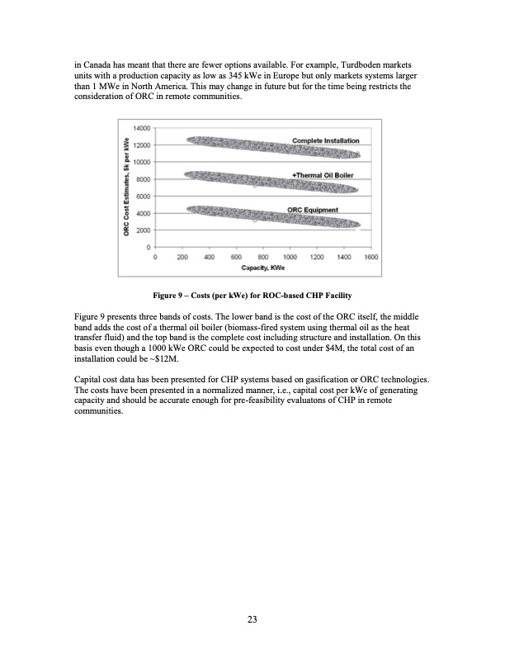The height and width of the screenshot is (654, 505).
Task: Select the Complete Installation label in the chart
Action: [x=326, y=142]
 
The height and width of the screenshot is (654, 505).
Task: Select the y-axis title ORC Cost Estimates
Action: [x=126, y=187]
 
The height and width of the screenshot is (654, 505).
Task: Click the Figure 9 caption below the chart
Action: [x=252, y=295]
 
